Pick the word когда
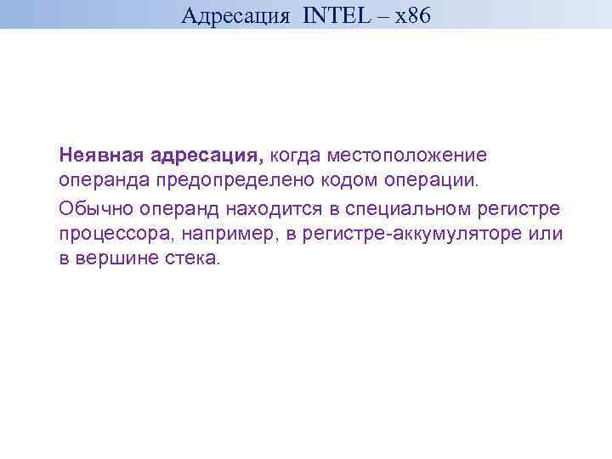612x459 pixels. (x=296, y=156)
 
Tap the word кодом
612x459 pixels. (x=352, y=181)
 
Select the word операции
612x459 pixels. (x=432, y=181)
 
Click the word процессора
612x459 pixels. (x=116, y=234)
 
